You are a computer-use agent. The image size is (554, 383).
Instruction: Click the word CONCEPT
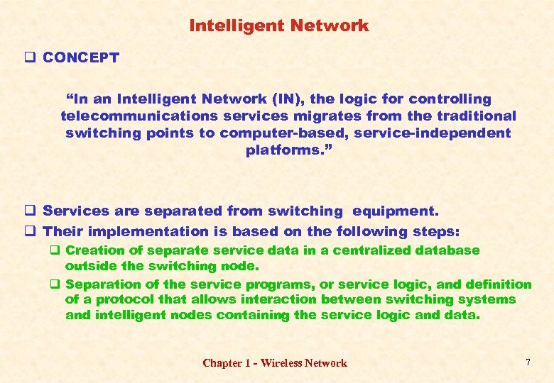coord(80,58)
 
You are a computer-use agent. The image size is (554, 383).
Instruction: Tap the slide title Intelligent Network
coord(278,26)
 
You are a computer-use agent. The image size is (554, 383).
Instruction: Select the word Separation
coord(100,284)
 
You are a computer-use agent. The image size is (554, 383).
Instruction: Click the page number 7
coord(527,362)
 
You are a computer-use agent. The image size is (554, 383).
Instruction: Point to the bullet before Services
coord(30,211)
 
